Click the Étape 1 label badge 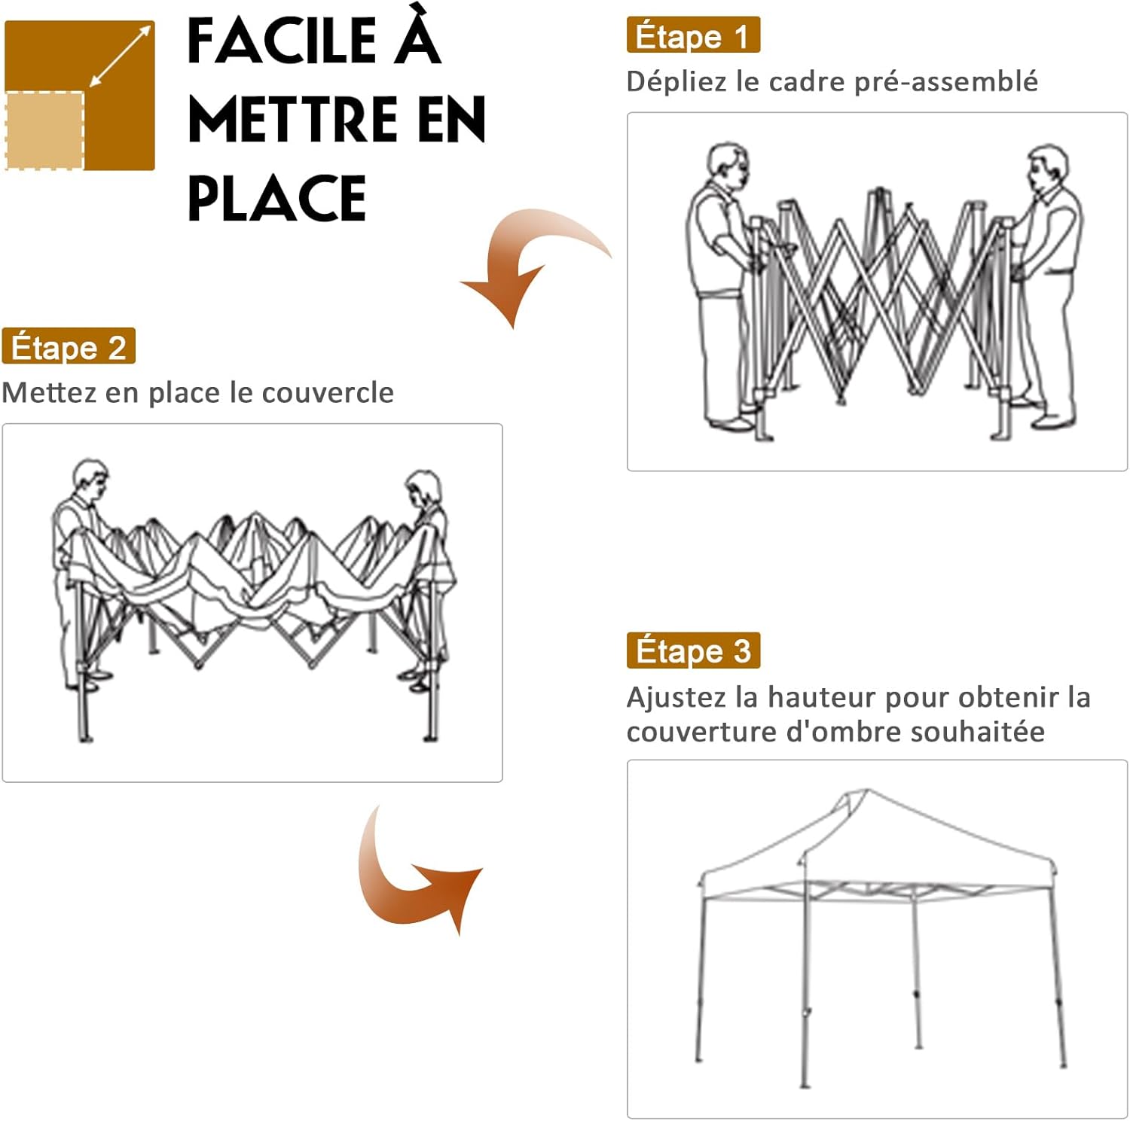[x=693, y=35]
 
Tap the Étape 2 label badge [x=69, y=346]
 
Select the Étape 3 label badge [x=693, y=650]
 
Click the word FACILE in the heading [x=281, y=41]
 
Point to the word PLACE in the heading [x=276, y=198]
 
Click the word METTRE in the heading [x=293, y=120]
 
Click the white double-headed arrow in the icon [x=121, y=56]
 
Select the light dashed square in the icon [x=44, y=130]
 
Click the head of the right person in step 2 [x=423, y=490]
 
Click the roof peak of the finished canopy [x=866, y=790]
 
